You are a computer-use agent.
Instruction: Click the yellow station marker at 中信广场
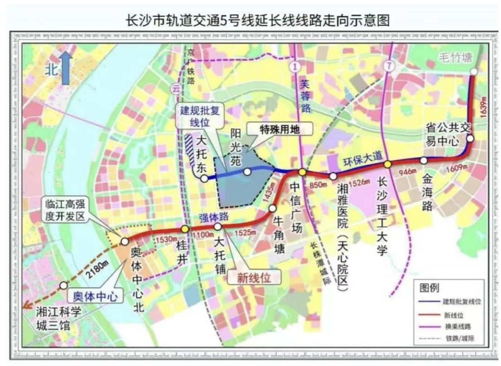(302, 172)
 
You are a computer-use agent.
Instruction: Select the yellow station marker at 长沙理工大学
(388, 164)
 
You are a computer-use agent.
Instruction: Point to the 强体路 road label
(212, 218)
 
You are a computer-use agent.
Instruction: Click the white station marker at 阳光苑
(247, 171)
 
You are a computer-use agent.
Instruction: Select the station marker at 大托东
(205, 179)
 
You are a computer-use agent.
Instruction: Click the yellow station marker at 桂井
(185, 229)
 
